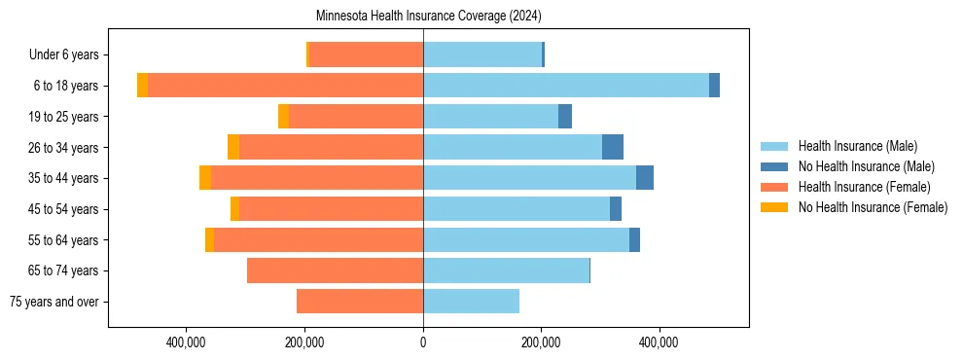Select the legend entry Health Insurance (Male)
click(857, 146)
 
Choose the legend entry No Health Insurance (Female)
click(873, 207)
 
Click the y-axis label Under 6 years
click(63, 55)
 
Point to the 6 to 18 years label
click(66, 86)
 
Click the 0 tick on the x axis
click(423, 342)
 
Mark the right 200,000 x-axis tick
click(541, 342)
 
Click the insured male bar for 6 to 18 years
click(565, 86)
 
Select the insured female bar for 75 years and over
click(360, 302)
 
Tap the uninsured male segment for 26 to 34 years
click(613, 147)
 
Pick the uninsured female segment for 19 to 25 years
click(284, 117)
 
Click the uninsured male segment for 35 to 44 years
click(645, 178)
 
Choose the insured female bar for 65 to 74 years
click(335, 270)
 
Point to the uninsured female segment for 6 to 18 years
click(143, 86)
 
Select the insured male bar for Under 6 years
click(482, 54)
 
